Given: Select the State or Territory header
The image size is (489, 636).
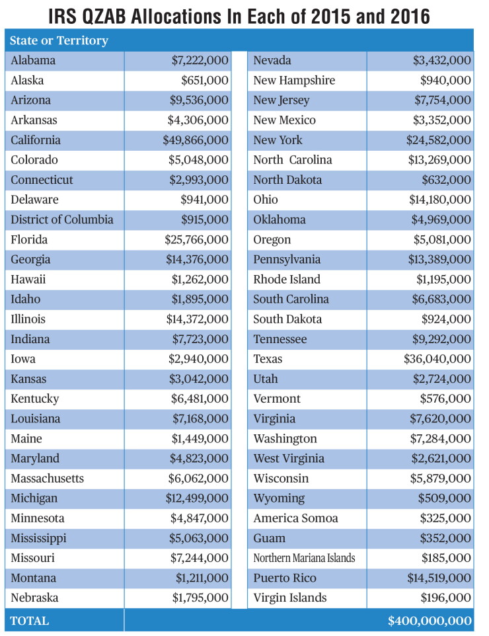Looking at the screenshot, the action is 59,40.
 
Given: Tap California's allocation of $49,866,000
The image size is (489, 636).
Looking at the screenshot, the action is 196,140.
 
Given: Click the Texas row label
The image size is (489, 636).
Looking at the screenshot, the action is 268,359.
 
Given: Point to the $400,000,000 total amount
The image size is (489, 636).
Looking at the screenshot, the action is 430,621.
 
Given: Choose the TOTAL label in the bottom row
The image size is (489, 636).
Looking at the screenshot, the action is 30,621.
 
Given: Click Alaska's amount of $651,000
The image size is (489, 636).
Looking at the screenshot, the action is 205,80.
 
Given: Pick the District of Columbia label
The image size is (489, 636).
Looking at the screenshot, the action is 62,219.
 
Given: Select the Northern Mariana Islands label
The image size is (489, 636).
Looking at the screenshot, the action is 304,558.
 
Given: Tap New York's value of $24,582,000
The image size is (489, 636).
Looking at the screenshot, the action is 439,140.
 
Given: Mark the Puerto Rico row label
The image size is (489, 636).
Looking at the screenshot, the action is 285,578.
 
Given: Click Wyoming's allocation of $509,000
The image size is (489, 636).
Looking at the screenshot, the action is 445,498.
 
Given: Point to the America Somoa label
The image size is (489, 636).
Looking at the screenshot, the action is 295,518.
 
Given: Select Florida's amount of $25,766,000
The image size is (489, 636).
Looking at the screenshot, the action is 196,240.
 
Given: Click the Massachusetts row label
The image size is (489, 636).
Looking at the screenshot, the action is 48,479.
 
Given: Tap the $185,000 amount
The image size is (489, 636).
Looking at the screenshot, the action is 446,558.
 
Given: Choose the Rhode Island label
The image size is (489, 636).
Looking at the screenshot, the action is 287,280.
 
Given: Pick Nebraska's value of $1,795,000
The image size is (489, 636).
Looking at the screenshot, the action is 200,598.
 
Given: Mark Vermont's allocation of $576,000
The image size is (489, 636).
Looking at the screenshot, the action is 445,399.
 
